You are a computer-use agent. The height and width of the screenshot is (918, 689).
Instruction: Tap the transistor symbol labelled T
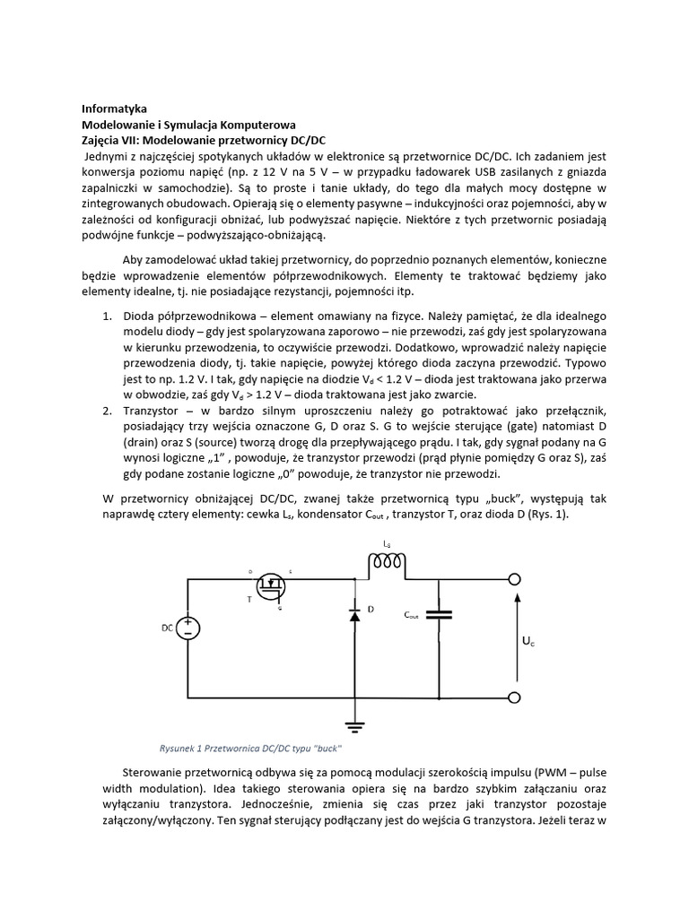pyautogui.click(x=270, y=587)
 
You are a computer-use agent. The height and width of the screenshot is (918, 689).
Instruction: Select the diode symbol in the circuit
pyautogui.click(x=355, y=615)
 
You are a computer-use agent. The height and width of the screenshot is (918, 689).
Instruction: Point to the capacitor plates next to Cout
pyautogui.click(x=440, y=615)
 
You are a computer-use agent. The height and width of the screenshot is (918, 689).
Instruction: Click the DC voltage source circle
pyautogui.click(x=188, y=628)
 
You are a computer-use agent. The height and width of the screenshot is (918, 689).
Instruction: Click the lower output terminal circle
pyautogui.click(x=515, y=698)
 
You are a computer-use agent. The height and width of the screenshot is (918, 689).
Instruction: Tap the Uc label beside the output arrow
pyautogui.click(x=529, y=643)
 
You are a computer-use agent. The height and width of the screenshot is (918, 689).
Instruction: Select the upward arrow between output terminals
pyautogui.click(x=516, y=638)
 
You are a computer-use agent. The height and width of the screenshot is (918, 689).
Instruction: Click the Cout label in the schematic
pyautogui.click(x=412, y=616)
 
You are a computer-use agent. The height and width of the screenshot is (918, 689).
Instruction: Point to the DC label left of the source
pyautogui.click(x=167, y=628)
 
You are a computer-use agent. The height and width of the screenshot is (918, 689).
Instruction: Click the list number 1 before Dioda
pyautogui.click(x=105, y=317)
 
